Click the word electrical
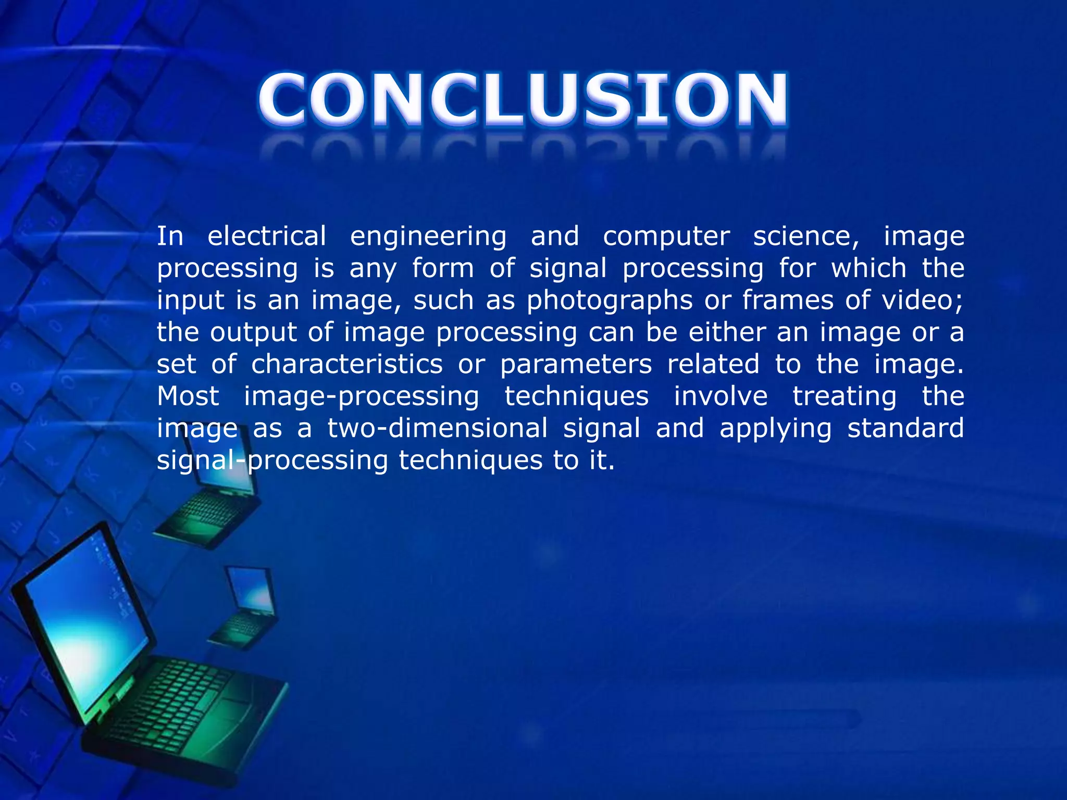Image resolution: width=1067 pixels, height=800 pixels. [267, 236]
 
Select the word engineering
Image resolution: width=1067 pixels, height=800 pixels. [428, 237]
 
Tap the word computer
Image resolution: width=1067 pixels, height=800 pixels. [666, 237]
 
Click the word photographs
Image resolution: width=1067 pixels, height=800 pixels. [610, 301]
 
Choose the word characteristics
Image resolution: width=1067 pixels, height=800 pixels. [346, 364]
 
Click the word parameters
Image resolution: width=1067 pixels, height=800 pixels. [576, 364]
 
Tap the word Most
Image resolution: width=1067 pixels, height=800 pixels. [188, 396]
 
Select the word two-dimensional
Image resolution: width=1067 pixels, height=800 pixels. [437, 428]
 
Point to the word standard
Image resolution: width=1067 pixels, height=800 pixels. [905, 428]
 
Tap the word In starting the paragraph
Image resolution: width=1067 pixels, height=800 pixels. [170, 236]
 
